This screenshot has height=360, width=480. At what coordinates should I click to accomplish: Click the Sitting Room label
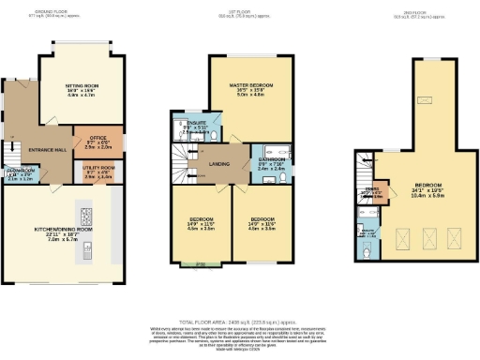(x=82, y=85)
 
